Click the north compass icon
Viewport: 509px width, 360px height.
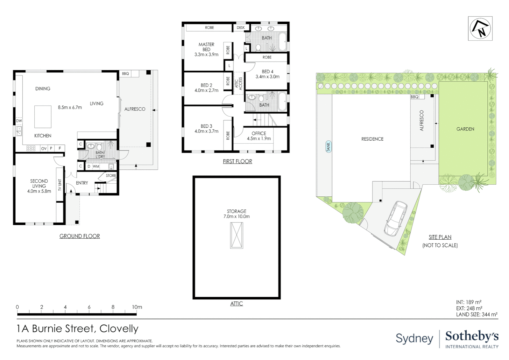tap(480, 28)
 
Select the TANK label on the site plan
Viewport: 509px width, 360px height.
tap(328, 146)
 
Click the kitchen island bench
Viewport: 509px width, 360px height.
tap(43, 117)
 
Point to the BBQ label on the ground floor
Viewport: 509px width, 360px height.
tap(125, 74)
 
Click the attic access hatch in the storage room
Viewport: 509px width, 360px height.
tap(237, 235)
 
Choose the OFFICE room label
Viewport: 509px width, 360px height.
tap(259, 133)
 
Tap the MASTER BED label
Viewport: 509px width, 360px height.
tap(206, 47)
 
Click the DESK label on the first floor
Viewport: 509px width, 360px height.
tap(241, 28)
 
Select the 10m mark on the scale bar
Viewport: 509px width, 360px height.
tap(137, 307)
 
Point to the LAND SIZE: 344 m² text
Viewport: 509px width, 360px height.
tap(477, 314)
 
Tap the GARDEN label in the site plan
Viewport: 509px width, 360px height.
tap(465, 129)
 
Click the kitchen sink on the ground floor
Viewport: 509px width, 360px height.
tap(19, 131)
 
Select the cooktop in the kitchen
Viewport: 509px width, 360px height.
tap(31, 148)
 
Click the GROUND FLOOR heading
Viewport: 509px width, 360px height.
tap(80, 236)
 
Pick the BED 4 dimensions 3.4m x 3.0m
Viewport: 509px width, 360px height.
tap(267, 77)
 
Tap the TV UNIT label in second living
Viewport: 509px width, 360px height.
tap(60, 185)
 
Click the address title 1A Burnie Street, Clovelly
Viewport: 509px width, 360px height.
tap(77, 329)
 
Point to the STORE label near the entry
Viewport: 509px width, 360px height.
tap(111, 175)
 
